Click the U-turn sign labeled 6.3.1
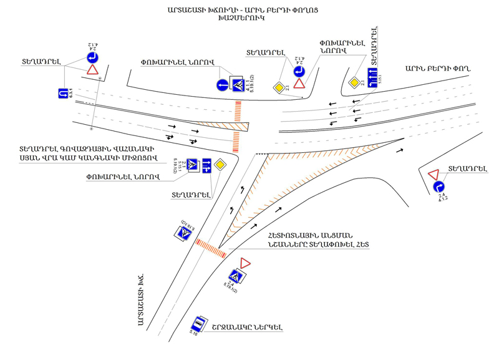pyautogui.click(x=62, y=94)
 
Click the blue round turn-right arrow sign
pyautogui.click(x=439, y=186)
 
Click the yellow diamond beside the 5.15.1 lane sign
pyautogui.click(x=354, y=82)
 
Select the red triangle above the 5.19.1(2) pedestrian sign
pyautogui.click(x=245, y=263)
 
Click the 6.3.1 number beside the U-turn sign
pyautogui.click(x=73, y=94)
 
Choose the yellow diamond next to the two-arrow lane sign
pyautogui.click(x=220, y=165)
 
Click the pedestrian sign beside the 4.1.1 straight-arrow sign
pyautogui.click(x=238, y=84)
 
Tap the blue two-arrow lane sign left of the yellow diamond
pyautogui.click(x=206, y=165)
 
